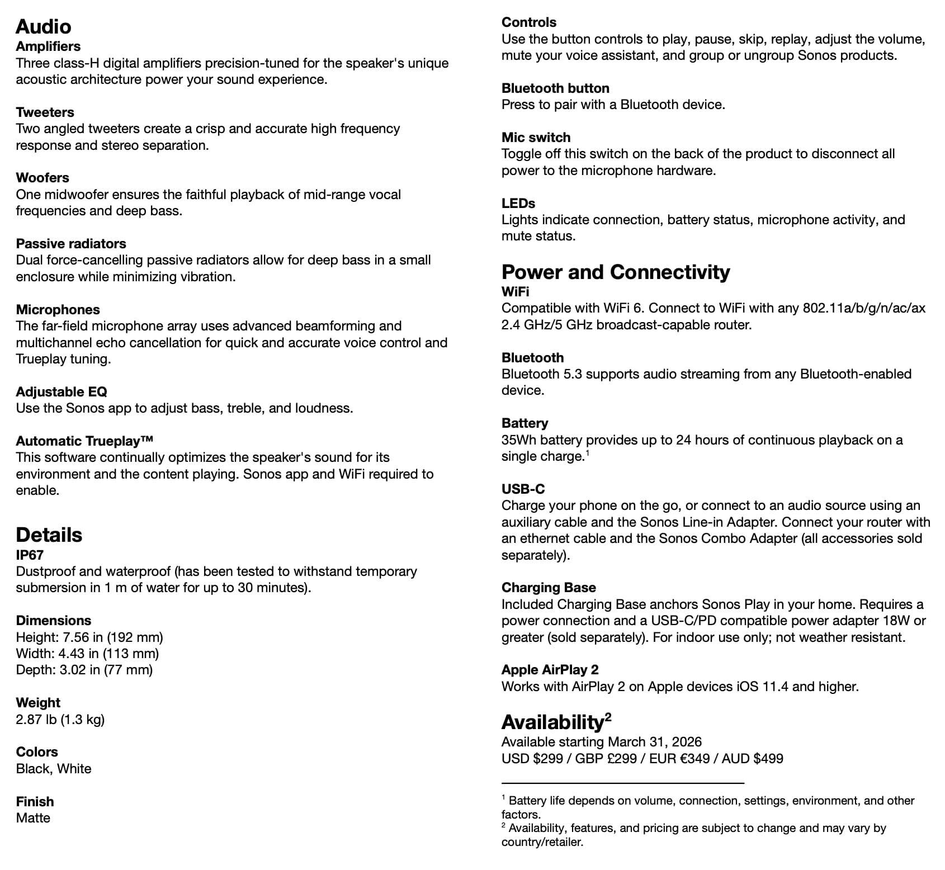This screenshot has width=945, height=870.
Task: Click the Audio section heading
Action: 44,27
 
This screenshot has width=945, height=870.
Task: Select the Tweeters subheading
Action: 45,112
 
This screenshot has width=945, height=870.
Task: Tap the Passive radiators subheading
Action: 71,244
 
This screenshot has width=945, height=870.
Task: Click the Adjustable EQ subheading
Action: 62,392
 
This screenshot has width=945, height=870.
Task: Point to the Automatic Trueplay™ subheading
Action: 84,441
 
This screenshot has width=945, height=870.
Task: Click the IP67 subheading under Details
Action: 30,555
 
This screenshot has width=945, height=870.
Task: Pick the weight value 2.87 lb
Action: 36,720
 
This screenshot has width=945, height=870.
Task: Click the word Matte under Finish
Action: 33,818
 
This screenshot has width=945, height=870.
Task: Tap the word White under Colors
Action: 74,769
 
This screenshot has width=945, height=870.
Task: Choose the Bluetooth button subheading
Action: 555,88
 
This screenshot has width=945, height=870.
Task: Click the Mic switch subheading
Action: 536,138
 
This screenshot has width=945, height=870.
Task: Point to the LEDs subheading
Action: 518,204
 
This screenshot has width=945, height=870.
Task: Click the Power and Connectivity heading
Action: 616,272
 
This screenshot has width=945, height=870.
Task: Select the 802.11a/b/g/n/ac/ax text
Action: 864,309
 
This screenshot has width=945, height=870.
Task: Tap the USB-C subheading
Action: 523,489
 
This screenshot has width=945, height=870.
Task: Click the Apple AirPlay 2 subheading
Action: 550,670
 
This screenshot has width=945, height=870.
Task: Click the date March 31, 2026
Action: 654,742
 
